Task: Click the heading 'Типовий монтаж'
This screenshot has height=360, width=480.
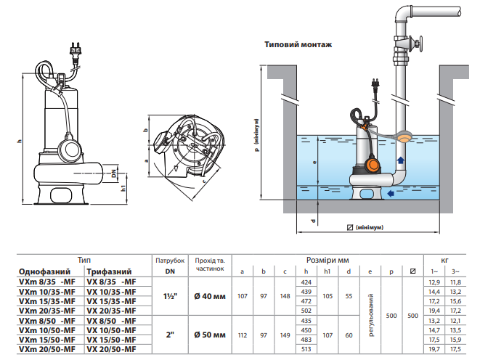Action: pos(298,45)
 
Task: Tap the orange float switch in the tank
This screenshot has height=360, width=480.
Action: pos(373,165)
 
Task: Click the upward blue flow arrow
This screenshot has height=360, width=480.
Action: pos(400,160)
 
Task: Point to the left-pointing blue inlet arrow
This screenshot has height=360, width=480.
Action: pos(390,193)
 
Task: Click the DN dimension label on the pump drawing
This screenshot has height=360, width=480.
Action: pos(114,173)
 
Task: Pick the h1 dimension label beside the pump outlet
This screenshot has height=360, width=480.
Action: pos(123,188)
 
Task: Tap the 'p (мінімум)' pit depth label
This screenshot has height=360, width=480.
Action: pos(256,135)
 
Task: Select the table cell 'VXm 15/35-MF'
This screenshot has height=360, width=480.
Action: pos(47,301)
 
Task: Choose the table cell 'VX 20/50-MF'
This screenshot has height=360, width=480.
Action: pos(111,349)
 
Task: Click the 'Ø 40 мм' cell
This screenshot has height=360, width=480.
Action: pos(210,296)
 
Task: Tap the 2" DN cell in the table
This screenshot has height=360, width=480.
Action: pos(170,335)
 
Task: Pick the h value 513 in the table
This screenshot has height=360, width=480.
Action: pos(306,349)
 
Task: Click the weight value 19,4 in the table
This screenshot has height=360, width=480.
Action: pos(434,311)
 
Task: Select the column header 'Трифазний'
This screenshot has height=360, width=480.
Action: pos(109,271)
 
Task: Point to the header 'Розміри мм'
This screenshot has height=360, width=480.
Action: pos(328,261)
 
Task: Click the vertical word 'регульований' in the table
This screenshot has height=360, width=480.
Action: pos(371,315)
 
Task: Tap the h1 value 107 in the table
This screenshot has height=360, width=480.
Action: pos(328,335)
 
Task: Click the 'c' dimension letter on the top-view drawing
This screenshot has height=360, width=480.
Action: pos(204,181)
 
